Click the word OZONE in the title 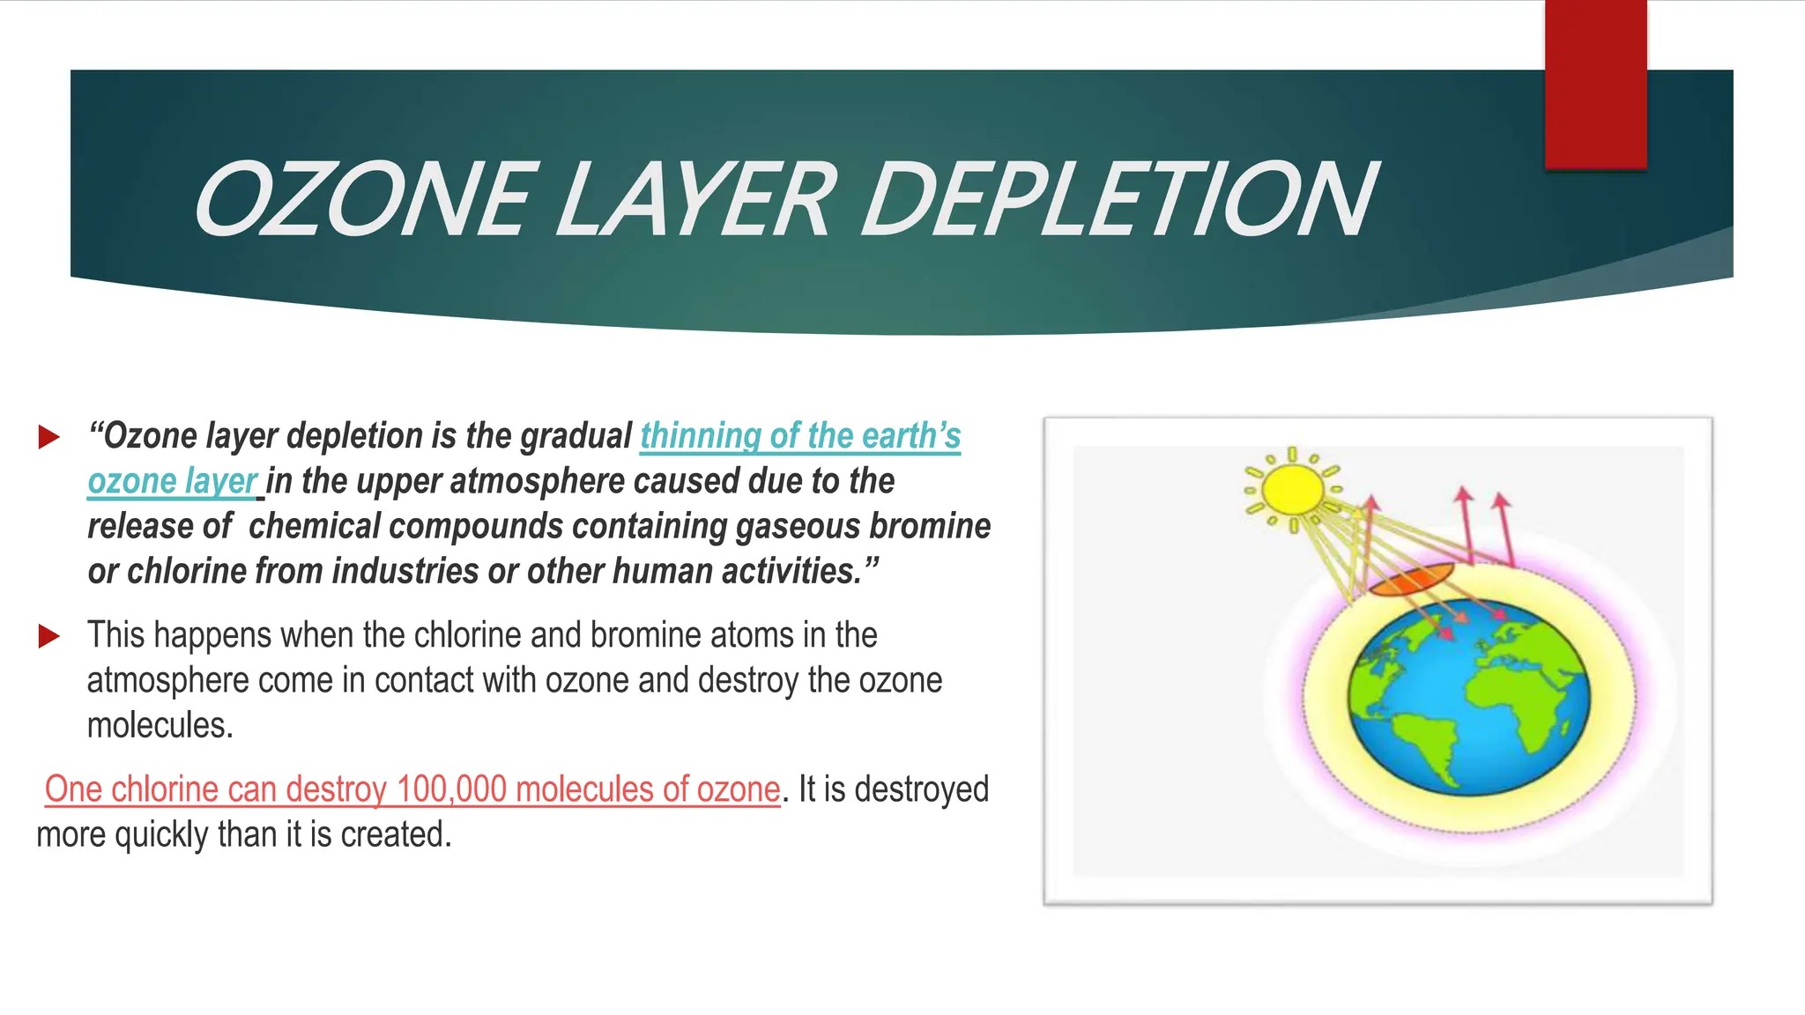[361, 201]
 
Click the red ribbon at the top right [1595, 84]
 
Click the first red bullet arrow [49, 436]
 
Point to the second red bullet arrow [49, 635]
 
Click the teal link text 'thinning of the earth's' [800, 436]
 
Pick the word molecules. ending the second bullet [160, 726]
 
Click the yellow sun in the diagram [1292, 490]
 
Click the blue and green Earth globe [1470, 696]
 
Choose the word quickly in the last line [161, 834]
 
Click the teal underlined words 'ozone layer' [172, 481]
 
